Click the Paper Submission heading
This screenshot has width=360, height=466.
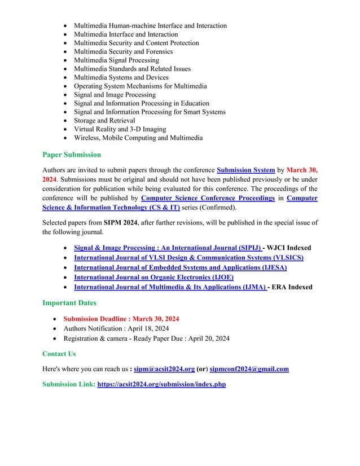click(x=72, y=155)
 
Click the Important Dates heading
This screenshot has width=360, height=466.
click(x=69, y=303)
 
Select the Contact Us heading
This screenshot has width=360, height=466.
click(x=59, y=354)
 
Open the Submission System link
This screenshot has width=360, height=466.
click(x=249, y=170)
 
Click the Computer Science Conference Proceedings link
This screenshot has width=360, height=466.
click(x=208, y=198)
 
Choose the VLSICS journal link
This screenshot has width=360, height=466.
click(x=188, y=258)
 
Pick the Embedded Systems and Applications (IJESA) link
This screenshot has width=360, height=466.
click(x=181, y=267)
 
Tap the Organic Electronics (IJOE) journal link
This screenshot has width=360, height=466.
click(x=153, y=277)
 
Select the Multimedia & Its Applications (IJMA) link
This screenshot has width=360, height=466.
click(x=170, y=287)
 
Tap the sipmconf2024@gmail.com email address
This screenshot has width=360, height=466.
click(x=249, y=370)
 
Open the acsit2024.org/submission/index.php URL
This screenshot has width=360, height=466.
click(x=161, y=384)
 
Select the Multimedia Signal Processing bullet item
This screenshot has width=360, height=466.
click(x=116, y=60)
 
